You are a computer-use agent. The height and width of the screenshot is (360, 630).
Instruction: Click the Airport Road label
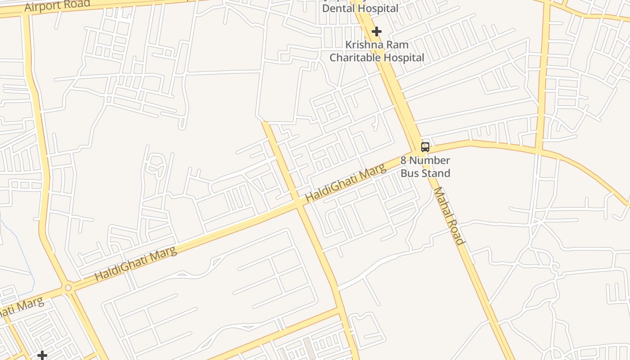57,5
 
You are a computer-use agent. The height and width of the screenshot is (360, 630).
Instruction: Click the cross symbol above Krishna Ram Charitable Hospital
377,31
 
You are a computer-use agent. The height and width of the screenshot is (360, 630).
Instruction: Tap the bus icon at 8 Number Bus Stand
425,147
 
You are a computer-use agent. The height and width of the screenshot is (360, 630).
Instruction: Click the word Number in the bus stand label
429,160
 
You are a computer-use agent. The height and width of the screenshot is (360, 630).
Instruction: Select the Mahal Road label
448,216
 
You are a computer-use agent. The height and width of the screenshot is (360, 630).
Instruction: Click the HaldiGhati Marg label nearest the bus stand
346,183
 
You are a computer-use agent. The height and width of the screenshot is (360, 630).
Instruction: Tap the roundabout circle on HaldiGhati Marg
68,288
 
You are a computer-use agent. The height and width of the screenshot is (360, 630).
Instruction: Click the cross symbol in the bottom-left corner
42,355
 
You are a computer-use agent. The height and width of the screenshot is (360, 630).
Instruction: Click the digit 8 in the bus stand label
404,160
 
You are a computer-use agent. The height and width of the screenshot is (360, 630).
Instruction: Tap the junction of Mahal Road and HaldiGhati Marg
417,151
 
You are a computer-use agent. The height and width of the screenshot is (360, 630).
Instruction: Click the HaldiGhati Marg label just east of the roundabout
136,264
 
